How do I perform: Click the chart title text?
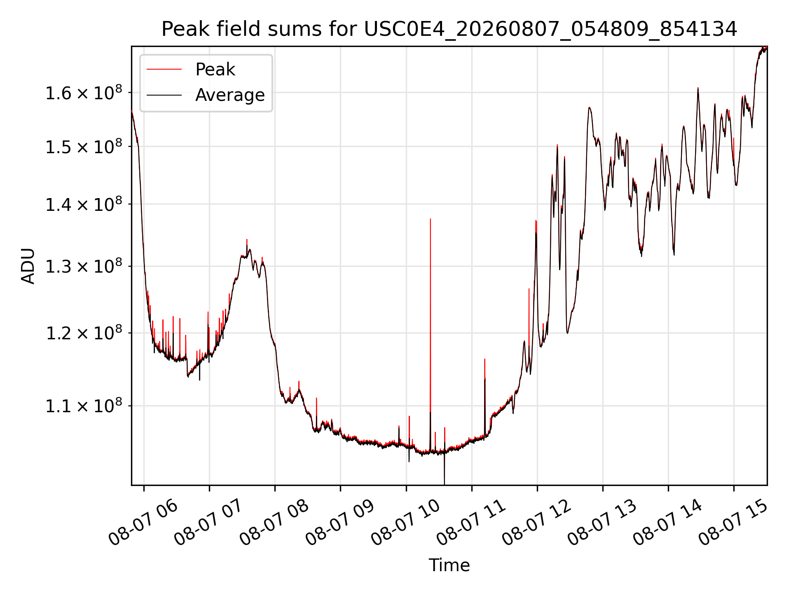pyautogui.click(x=449, y=29)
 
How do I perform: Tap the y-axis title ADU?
pyautogui.click(x=28, y=266)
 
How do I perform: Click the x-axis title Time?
pyautogui.click(x=449, y=565)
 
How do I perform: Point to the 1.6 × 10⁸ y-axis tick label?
pyautogui.click(x=84, y=93)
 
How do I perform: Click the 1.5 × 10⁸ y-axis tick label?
pyautogui.click(x=84, y=147)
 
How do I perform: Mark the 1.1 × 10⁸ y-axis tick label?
pyautogui.click(x=84, y=406)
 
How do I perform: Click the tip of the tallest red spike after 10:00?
pyautogui.click(x=430, y=219)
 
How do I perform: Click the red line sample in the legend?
pyautogui.click(x=164, y=70)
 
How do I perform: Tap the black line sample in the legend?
pyautogui.click(x=164, y=95)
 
